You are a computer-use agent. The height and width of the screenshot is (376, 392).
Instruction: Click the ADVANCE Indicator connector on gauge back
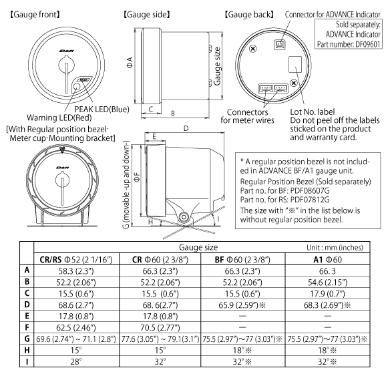point(278,46)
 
